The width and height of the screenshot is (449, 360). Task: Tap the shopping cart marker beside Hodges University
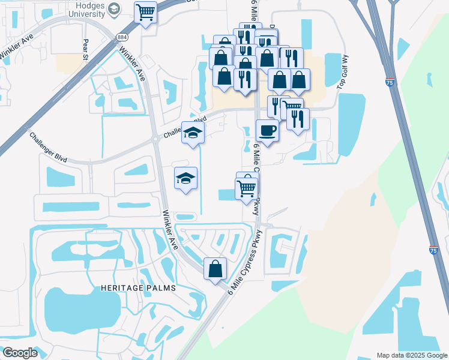[x=145, y=11]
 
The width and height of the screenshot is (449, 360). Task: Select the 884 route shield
[x=122, y=37]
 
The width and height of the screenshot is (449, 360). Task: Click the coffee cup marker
[x=267, y=130]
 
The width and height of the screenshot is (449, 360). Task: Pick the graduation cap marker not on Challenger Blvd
[x=185, y=178]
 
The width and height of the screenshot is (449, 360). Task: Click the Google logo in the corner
[x=20, y=353]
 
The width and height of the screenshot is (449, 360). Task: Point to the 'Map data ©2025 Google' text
[x=412, y=355]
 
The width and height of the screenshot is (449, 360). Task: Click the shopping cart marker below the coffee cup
[x=246, y=188]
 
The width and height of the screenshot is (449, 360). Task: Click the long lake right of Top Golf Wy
[x=351, y=124]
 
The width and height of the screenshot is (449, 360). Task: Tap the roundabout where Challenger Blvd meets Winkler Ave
[x=155, y=140]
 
